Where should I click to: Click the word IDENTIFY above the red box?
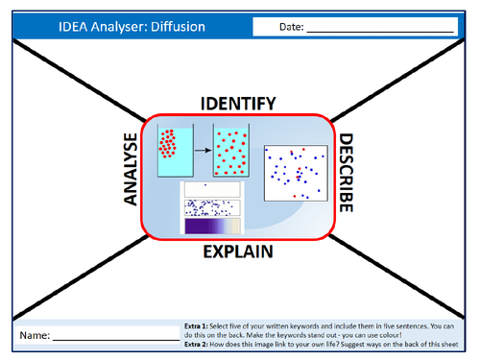click(x=238, y=103)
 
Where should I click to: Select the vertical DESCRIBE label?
click(x=346, y=173)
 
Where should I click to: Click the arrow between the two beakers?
click(x=202, y=149)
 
